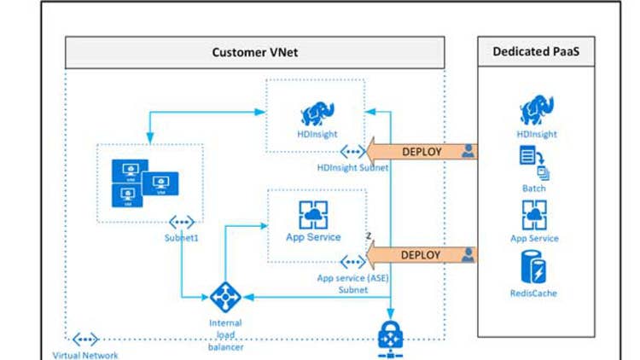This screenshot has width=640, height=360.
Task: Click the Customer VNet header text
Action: point(254,53)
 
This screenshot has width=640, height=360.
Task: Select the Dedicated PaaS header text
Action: point(533,52)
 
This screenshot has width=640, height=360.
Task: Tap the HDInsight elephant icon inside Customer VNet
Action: point(317,113)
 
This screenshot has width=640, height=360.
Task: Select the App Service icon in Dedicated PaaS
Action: point(534,215)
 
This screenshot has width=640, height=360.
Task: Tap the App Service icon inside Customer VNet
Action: point(313,214)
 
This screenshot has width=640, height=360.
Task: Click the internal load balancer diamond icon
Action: point(225,298)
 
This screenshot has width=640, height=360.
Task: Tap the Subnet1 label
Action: point(182,237)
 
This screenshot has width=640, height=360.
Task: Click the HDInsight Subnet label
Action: point(352,168)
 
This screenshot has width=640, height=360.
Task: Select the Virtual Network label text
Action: point(85,355)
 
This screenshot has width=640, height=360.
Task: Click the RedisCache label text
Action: point(534,293)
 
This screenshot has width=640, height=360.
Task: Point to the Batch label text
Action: point(534,188)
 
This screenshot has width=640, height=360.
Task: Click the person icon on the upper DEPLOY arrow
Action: point(468,152)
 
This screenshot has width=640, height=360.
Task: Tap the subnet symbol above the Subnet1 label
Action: point(182,221)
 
